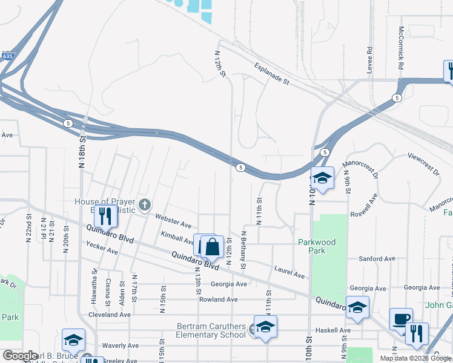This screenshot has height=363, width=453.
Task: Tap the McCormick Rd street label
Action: pos(400,47)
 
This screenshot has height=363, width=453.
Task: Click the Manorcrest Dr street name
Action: pos(360,169)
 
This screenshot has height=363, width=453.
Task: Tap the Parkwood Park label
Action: pos(317,246)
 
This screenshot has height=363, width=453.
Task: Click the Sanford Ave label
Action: pos(377,259)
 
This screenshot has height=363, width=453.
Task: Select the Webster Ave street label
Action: pos(173,220)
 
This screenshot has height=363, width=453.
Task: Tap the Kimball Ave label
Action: pos(177,237)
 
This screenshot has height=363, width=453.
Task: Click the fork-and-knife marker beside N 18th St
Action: pos(105,216)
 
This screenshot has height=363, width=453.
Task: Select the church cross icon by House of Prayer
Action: pos(144,205)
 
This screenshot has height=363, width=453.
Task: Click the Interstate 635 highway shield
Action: pos(7,56)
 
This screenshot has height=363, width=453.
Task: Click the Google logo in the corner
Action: pos(20,356)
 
